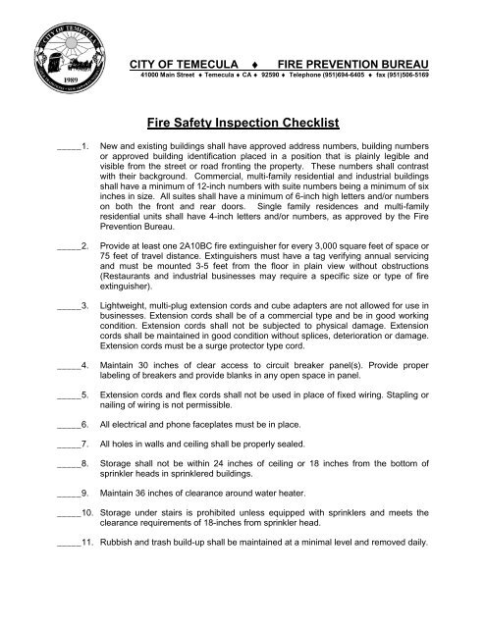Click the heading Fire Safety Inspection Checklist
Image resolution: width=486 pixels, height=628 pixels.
click(x=243, y=125)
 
